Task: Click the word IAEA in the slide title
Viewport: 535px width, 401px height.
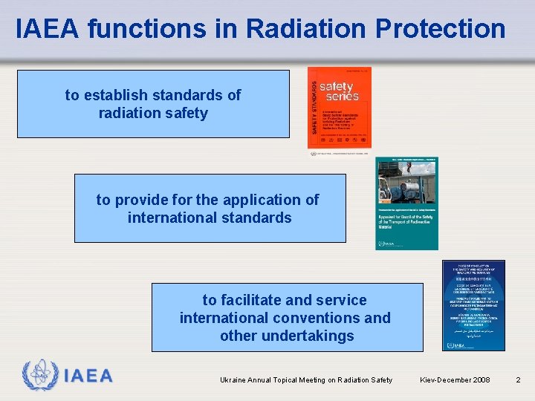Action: [48, 29]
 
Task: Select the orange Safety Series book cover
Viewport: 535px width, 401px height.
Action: [340, 108]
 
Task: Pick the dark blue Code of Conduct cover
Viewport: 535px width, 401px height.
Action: [473, 304]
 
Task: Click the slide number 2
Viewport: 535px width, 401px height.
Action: [519, 380]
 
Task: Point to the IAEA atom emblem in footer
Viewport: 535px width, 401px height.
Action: [38, 376]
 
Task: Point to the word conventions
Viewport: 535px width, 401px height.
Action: [320, 318]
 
